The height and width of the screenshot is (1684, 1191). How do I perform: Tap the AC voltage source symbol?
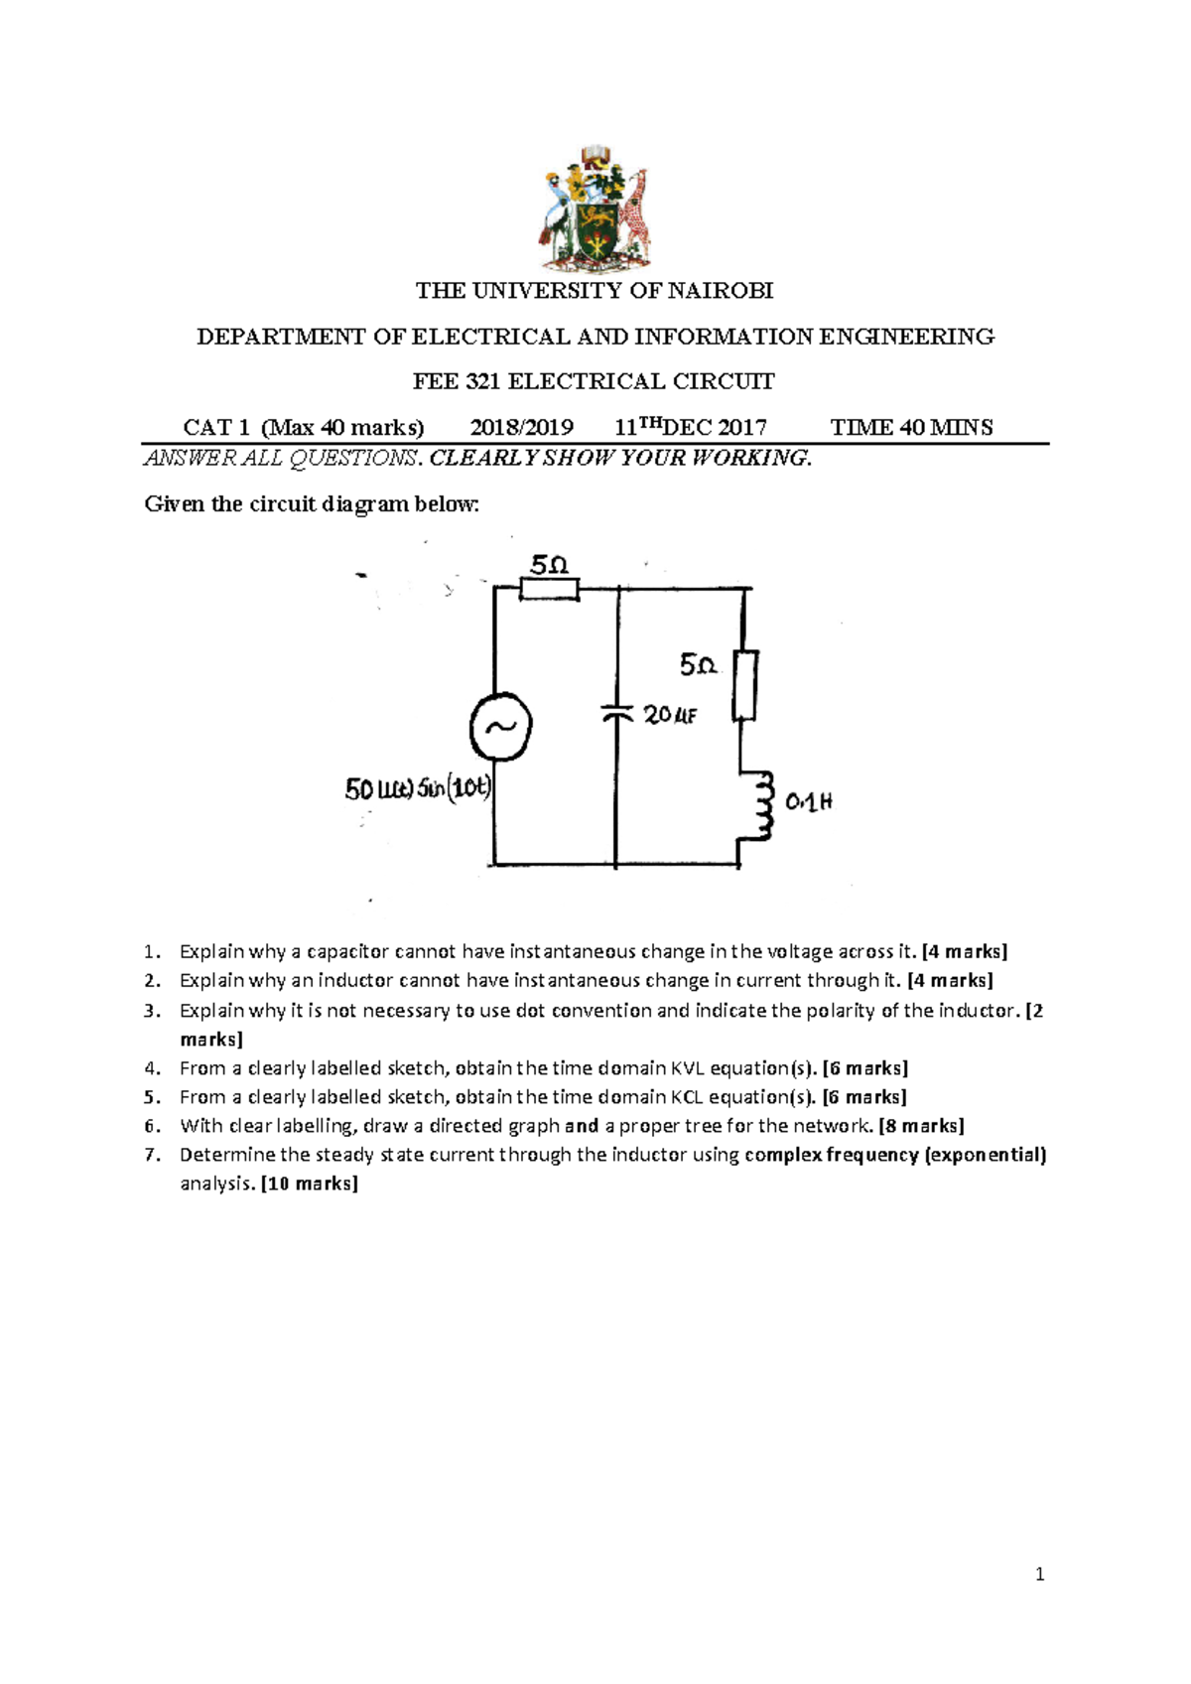tap(500, 726)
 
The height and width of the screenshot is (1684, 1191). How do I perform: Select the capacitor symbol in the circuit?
tap(616, 711)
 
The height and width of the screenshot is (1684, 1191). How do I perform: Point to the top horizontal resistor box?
tap(549, 590)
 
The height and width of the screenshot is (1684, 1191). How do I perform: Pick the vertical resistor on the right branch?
tap(745, 685)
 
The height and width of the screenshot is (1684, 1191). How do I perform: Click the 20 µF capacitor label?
tap(670, 714)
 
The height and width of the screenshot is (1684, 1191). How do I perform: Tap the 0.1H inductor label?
tap(809, 801)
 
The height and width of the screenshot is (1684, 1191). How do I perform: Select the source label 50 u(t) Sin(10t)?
tap(418, 789)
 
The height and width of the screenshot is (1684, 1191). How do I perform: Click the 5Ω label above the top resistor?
tap(549, 565)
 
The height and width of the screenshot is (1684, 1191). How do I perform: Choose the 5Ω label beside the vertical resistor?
tap(698, 665)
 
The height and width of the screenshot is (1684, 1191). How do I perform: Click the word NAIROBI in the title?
tap(722, 291)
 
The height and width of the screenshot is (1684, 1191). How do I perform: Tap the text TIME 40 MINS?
tap(911, 428)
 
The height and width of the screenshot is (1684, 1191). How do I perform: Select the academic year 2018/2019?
tap(521, 428)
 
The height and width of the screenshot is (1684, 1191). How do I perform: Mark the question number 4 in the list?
tap(151, 1068)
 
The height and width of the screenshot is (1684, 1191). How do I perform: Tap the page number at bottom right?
tap(1039, 1574)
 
